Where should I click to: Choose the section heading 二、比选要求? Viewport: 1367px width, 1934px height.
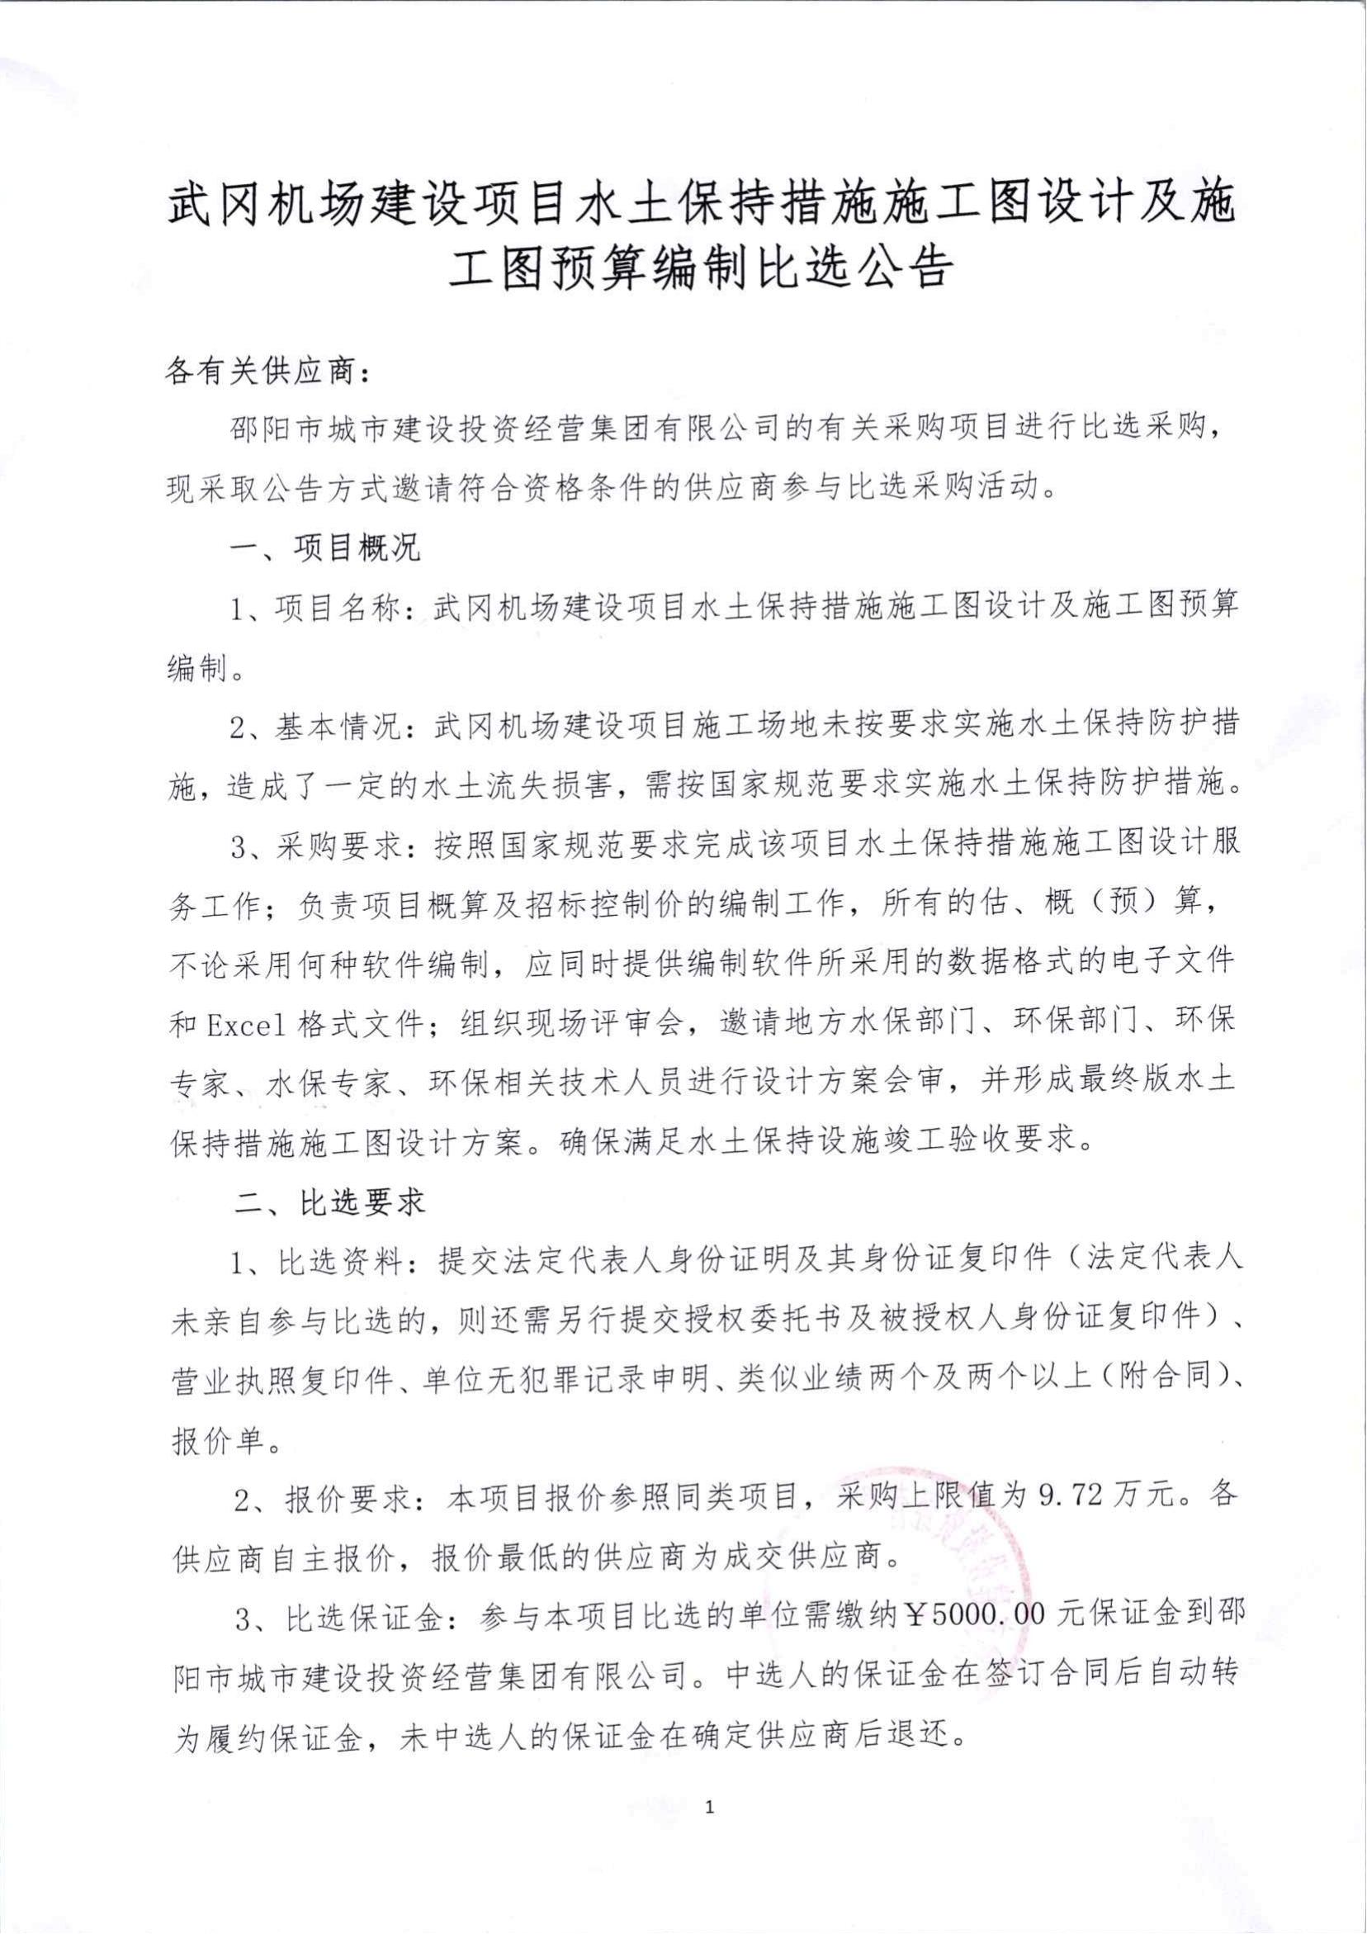pyautogui.click(x=329, y=1202)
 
